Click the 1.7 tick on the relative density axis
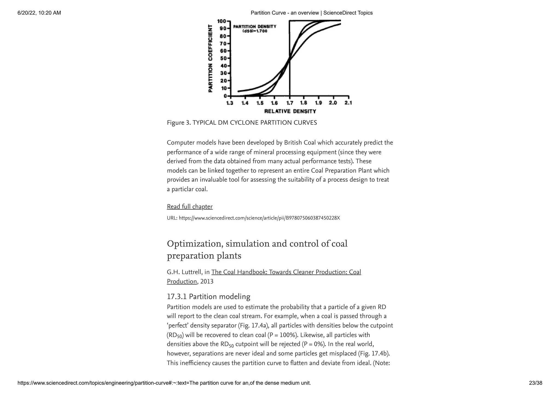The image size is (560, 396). click(x=290, y=103)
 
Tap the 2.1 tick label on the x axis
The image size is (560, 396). click(x=348, y=103)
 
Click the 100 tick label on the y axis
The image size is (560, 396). click(x=221, y=21)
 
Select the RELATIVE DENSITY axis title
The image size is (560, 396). click(x=290, y=111)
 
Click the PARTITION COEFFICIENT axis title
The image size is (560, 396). click(x=210, y=58)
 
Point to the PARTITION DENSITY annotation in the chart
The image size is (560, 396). click(x=255, y=27)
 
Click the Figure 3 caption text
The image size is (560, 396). click(x=242, y=123)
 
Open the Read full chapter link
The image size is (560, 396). click(x=189, y=207)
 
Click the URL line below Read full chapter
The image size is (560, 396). click(x=253, y=218)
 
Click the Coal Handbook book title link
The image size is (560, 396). click(x=286, y=272)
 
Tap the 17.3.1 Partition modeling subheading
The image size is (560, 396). click(x=208, y=297)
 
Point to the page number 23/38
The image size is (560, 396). click(x=535, y=383)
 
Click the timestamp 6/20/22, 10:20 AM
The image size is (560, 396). click(x=39, y=13)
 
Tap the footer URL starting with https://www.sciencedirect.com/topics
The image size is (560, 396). click(x=164, y=383)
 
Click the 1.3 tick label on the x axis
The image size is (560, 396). click(x=230, y=103)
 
